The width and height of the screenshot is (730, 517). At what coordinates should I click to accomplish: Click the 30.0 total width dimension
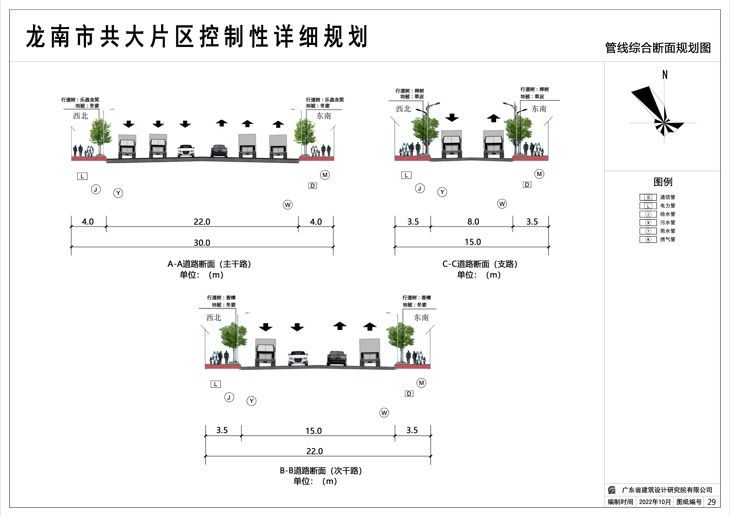point(202,243)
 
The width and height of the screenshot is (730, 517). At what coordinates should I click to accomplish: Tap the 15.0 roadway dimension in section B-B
point(313,431)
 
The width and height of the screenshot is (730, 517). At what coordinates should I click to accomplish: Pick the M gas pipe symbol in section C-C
point(539,174)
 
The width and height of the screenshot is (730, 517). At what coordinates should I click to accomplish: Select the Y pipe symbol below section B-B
point(251,401)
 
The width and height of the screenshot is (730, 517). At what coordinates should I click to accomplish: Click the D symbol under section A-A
point(313,186)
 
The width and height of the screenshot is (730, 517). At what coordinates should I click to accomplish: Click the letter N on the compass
point(665,75)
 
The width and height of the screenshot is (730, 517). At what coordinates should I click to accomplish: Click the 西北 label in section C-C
point(403,109)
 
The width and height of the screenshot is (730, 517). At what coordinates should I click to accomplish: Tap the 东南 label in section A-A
point(324,116)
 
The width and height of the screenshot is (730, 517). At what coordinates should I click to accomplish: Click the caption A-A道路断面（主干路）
point(209,264)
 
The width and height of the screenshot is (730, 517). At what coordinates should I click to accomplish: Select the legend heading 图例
point(663,182)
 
